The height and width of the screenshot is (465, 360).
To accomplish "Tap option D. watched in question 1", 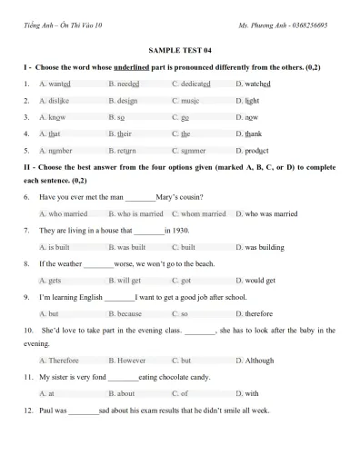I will point(253,83).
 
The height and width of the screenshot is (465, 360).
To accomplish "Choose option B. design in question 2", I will point(124,100).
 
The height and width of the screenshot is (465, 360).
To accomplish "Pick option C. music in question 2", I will point(186,100).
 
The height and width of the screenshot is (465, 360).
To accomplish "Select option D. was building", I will point(259,246).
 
